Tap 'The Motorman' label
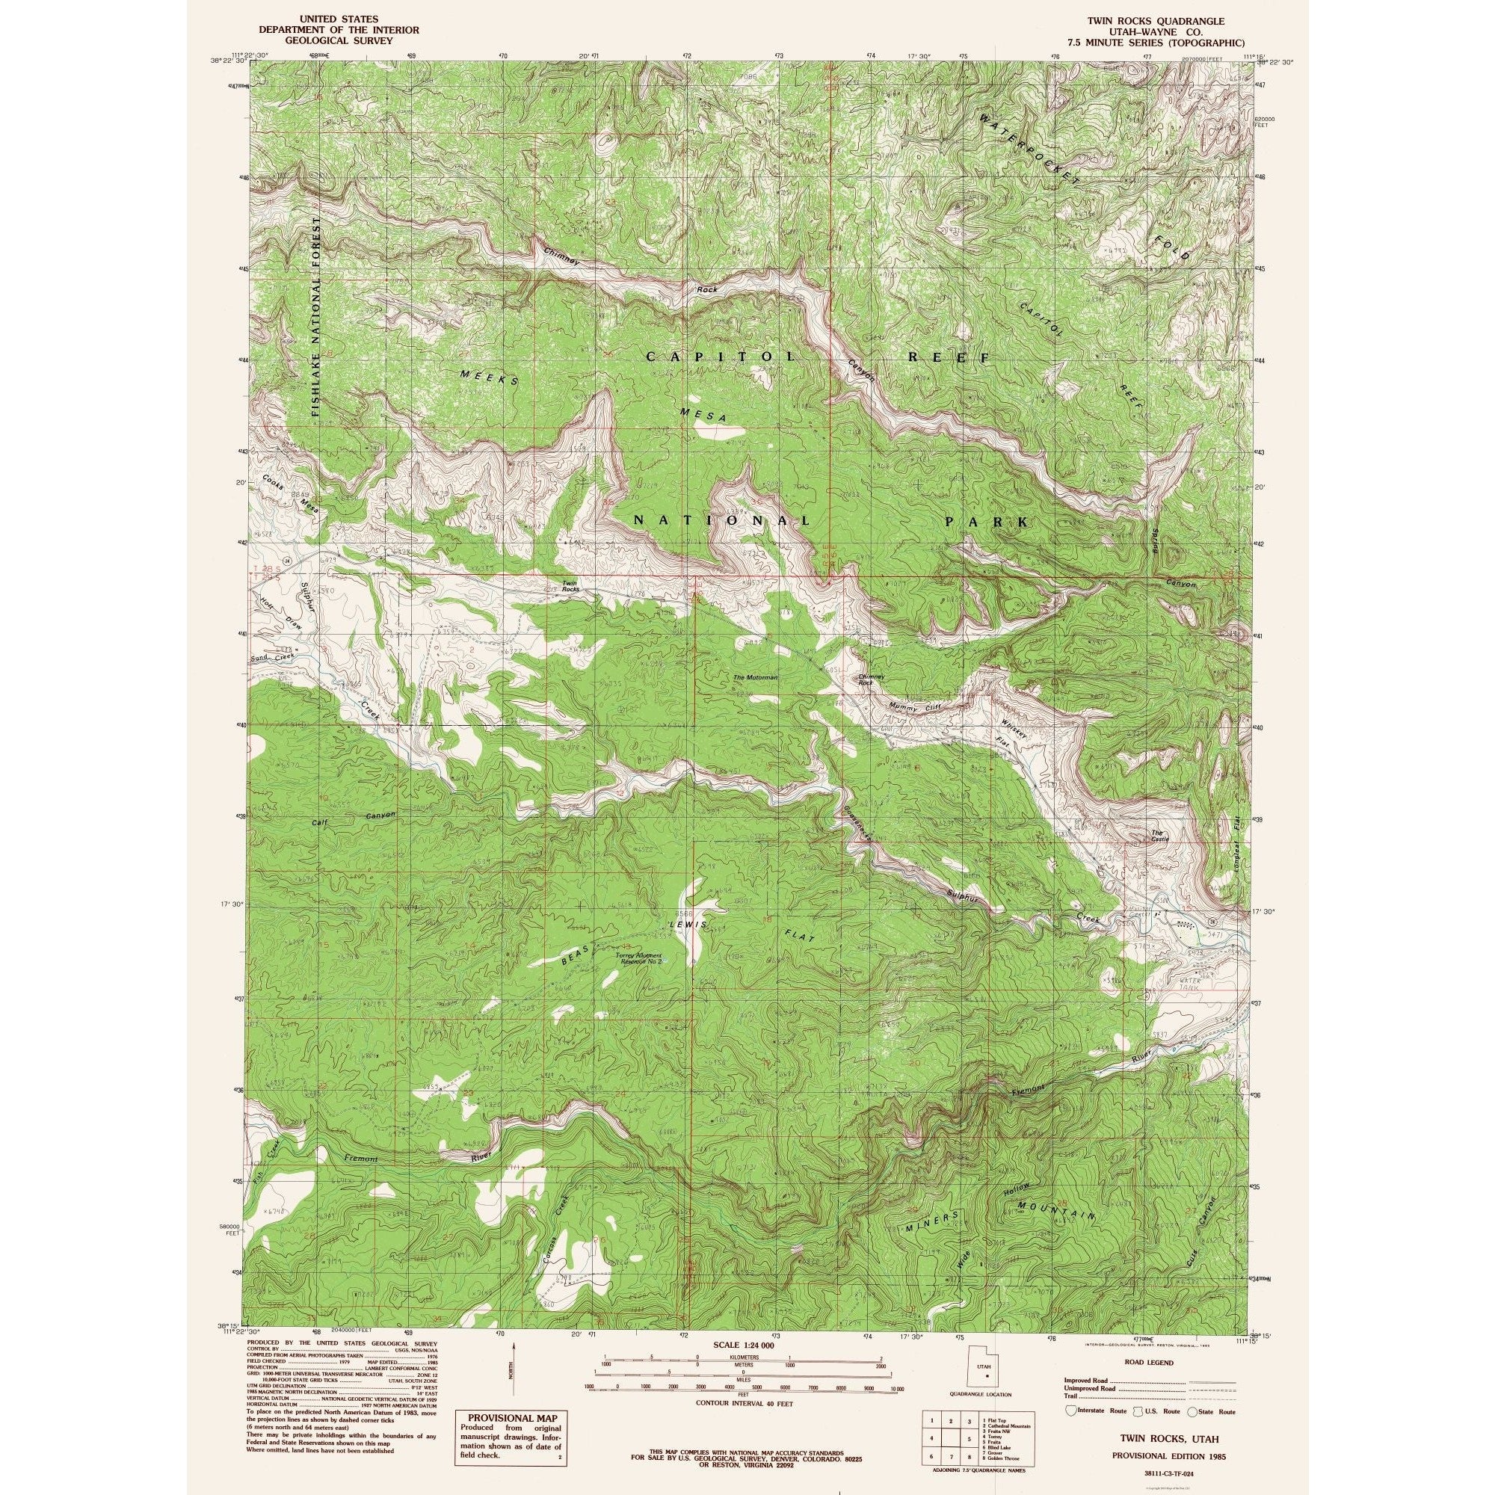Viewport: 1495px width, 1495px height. point(754,677)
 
